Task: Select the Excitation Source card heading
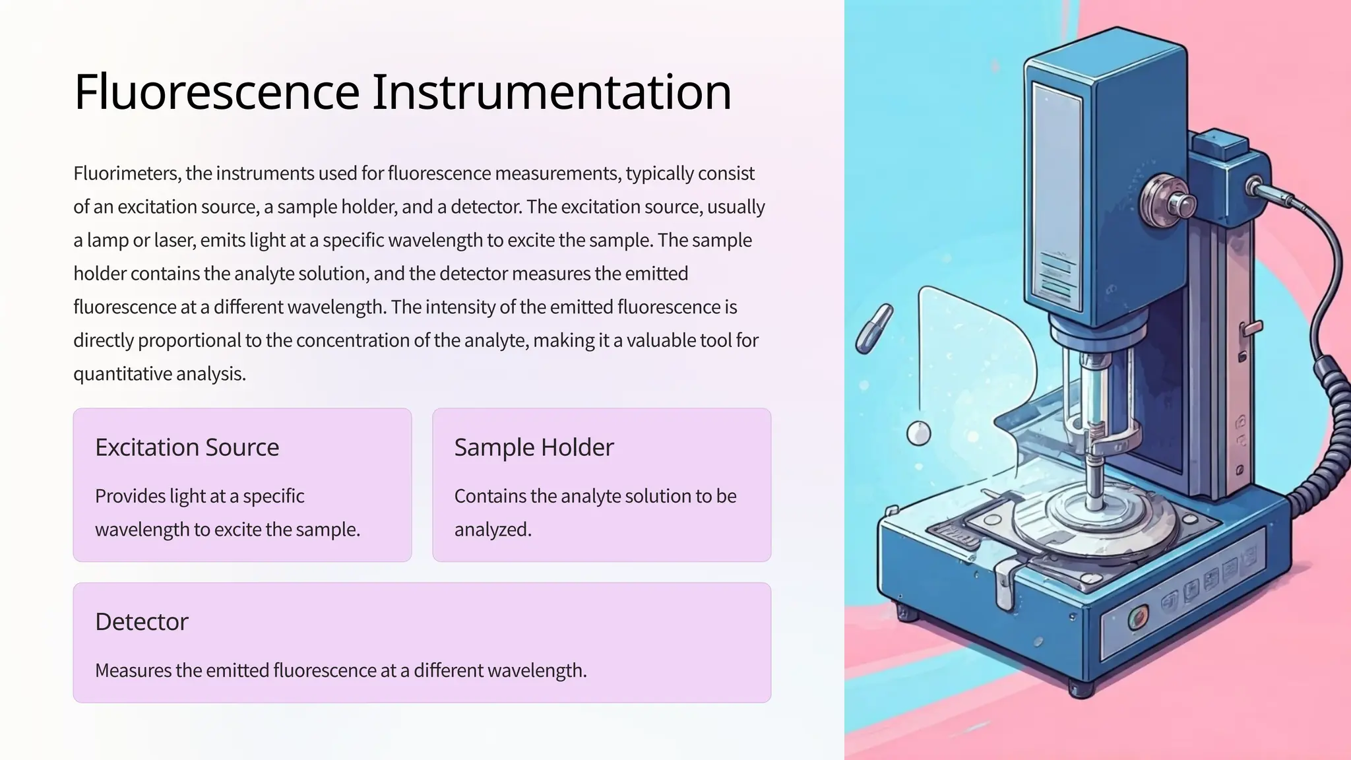(187, 447)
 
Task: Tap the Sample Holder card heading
(534, 447)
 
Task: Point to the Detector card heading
(141, 621)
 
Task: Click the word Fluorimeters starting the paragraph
(127, 174)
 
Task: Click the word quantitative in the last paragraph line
(122, 374)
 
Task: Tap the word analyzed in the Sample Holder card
(492, 530)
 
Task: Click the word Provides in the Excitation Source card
(130, 496)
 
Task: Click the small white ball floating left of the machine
(918, 433)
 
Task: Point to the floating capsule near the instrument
(874, 328)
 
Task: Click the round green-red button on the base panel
(1137, 617)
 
